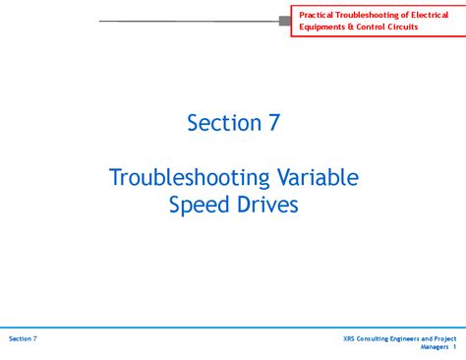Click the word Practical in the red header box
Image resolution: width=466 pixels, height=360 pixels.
click(x=319, y=14)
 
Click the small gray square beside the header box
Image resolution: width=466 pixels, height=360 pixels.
click(x=285, y=20)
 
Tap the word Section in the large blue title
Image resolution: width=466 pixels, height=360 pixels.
click(x=220, y=123)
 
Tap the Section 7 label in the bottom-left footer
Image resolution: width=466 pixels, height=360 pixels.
click(x=23, y=338)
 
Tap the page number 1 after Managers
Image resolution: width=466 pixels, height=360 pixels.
click(x=455, y=347)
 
